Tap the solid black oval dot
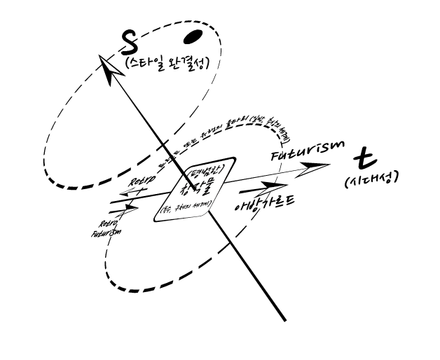[193, 36]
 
